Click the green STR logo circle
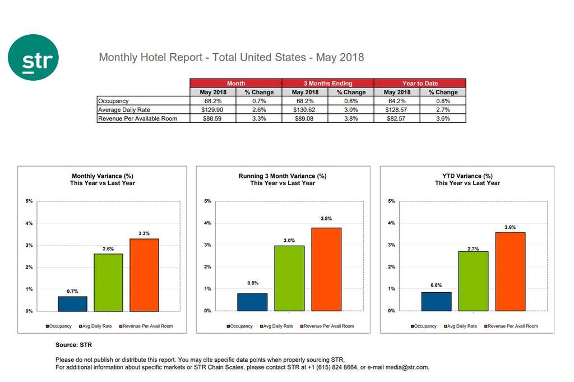pos(33,58)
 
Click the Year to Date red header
pos(420,83)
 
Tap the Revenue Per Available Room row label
pos(137,118)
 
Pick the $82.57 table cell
pos(397,118)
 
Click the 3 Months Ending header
pos(327,83)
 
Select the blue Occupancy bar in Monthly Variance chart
pos(72,303)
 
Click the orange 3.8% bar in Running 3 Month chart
pos(326,269)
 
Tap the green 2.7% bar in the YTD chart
pos(473,281)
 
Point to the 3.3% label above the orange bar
pos(144,233)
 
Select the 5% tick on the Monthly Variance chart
pos(29,201)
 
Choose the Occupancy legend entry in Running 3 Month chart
pos(239,326)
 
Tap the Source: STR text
pos(73,344)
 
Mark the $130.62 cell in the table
pos(305,110)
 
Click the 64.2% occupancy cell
pos(397,101)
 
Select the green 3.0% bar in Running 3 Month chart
pos(290,278)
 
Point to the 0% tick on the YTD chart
pos(392,311)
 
